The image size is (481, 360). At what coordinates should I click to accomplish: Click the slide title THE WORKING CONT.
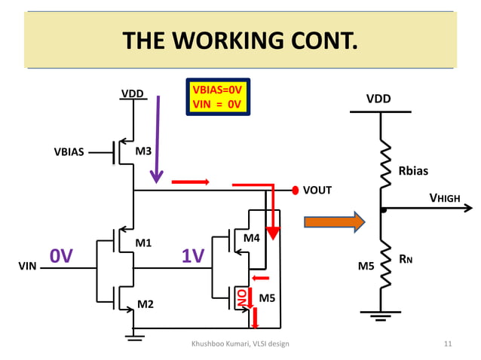click(240, 39)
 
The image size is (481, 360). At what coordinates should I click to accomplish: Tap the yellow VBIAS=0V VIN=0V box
click(217, 97)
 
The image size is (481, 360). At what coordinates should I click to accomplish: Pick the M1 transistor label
click(143, 243)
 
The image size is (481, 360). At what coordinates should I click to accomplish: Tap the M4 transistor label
click(252, 238)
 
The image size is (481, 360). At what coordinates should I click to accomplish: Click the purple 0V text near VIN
click(61, 257)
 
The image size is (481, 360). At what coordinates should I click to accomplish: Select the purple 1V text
click(194, 257)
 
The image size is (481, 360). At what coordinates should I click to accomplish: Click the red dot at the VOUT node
click(295, 190)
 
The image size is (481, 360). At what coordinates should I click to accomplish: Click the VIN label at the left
click(27, 266)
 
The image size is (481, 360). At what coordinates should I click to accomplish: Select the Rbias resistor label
click(413, 171)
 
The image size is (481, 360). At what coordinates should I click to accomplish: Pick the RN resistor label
click(406, 260)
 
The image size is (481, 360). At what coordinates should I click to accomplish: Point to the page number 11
click(448, 344)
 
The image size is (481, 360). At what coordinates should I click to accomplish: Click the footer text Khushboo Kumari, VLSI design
click(240, 344)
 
